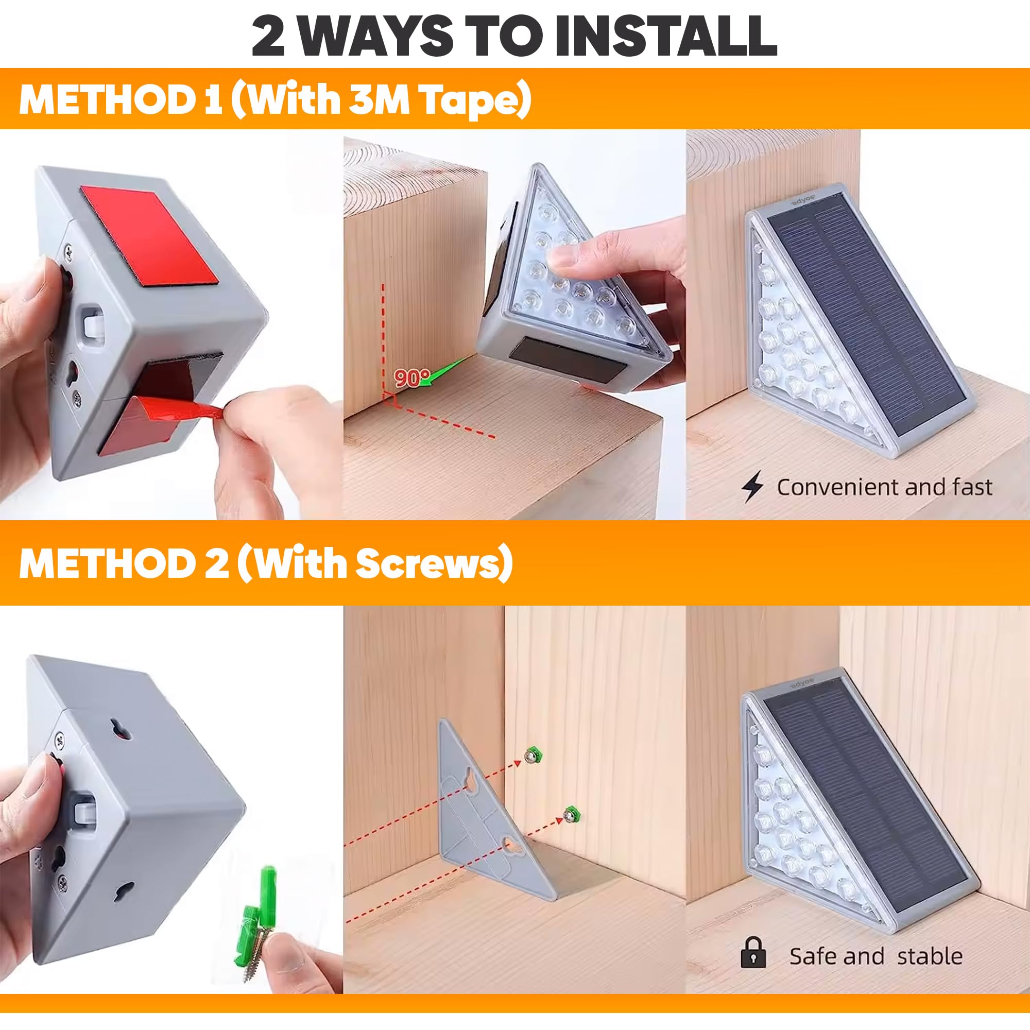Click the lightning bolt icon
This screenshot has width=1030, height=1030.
coord(752,487)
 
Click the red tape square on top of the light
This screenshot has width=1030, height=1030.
coord(149,234)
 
